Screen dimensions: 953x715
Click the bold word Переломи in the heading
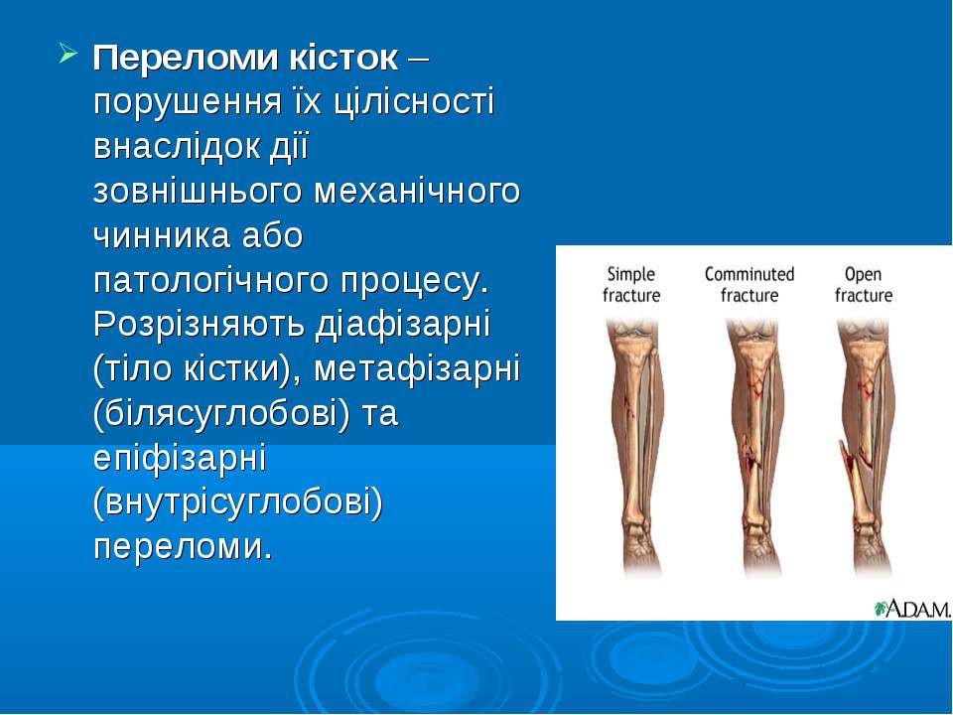pos(186,59)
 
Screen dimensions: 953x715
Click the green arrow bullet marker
pos(68,54)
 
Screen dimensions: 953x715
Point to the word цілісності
pos(415,101)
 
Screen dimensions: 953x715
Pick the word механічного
pos(417,192)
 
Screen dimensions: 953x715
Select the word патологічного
pos(212,281)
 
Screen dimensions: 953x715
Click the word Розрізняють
pos(199,325)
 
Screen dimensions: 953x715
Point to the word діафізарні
pos(402,325)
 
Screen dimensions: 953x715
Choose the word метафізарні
pos(417,369)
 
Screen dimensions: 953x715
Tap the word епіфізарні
pos(180,460)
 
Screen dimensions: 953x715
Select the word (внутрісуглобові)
pos(238,503)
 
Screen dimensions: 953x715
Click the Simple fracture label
pos(631,285)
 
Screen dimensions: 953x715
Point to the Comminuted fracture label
pos(749,285)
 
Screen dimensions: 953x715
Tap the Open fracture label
pos(863,285)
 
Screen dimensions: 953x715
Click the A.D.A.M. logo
pos(912,609)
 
